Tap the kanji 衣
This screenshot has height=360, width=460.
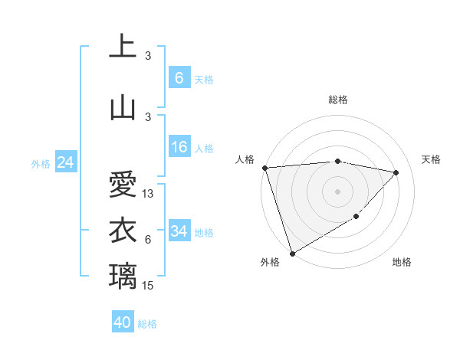point(123,230)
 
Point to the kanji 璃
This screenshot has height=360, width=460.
point(123,275)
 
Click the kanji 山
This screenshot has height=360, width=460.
point(123,107)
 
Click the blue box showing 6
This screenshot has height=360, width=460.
point(179,77)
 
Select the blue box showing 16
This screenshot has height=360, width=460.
point(179,147)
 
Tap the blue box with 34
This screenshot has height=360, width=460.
point(179,231)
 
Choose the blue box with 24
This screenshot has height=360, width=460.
point(65,162)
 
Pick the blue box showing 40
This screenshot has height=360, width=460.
point(123,322)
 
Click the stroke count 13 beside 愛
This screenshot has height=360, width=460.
point(149,194)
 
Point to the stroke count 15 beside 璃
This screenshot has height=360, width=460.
point(149,285)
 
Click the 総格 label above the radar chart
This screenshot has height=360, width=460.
point(338,100)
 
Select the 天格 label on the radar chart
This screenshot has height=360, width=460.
point(431,159)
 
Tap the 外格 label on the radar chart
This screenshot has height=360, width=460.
point(269,262)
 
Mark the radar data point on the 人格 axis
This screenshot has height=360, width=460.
point(264,168)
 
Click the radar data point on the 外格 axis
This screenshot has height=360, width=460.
point(292,253)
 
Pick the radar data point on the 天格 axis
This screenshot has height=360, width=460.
point(396,172)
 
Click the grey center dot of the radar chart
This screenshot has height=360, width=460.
point(338,191)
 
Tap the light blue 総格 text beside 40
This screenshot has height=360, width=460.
point(147,324)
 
